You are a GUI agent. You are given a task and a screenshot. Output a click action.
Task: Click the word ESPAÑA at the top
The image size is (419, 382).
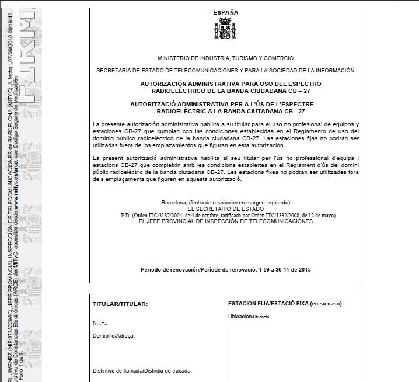pyautogui.click(x=225, y=12)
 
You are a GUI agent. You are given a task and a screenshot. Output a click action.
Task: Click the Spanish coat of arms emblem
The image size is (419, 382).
pyautogui.click(x=225, y=29)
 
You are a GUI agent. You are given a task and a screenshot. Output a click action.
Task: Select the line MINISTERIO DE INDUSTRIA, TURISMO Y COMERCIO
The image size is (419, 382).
pyautogui.click(x=225, y=58)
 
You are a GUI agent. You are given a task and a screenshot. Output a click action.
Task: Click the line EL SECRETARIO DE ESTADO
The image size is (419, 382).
pyautogui.click(x=225, y=209)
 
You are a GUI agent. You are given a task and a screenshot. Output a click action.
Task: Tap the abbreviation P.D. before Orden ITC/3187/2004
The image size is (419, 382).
pyautogui.click(x=125, y=215)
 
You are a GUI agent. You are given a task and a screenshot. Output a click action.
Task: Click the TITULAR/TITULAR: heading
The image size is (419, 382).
pyautogui.click(x=120, y=304)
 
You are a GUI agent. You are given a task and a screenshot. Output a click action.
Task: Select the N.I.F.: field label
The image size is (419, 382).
pyautogui.click(x=100, y=323)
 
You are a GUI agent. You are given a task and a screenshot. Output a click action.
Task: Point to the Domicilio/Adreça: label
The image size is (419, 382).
pyautogui.click(x=114, y=336)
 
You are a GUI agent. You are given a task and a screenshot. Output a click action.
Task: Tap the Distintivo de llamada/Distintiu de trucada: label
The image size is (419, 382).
pyautogui.click(x=142, y=371)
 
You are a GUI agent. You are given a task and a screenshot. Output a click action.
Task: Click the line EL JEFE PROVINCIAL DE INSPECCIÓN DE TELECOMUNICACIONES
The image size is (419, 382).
pyautogui.click(x=225, y=221)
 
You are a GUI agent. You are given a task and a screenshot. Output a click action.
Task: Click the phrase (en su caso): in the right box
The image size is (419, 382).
pyautogui.click(x=327, y=304)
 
